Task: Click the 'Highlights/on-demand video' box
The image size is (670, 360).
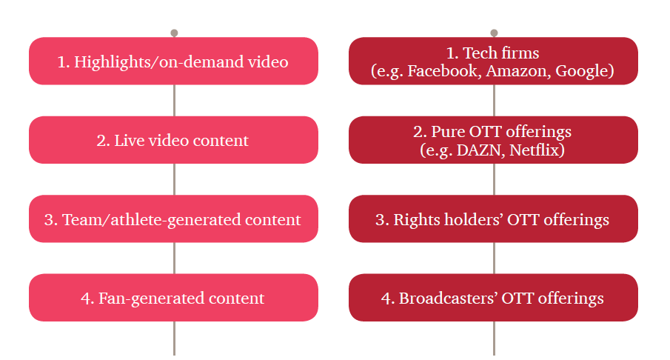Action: pyautogui.click(x=173, y=61)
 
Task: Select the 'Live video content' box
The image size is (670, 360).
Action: pyautogui.click(x=173, y=140)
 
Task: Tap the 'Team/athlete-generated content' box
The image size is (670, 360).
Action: pyautogui.click(x=173, y=219)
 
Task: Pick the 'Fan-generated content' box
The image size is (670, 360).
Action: pyautogui.click(x=173, y=298)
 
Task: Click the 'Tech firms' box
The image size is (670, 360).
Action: pyautogui.click(x=493, y=61)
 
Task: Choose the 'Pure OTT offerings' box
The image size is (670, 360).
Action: pyautogui.click(x=493, y=140)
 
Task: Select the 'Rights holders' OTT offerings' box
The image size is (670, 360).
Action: pyautogui.click(x=493, y=219)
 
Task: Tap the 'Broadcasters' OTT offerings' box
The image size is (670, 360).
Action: pyautogui.click(x=493, y=298)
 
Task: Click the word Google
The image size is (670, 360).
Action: pyautogui.click(x=582, y=71)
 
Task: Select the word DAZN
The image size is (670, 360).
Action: pyautogui.click(x=480, y=150)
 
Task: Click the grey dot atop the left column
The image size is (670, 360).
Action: pyautogui.click(x=174, y=33)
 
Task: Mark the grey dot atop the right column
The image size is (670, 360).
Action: pyautogui.click(x=494, y=33)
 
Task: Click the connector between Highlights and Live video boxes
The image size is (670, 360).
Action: pyautogui.click(x=174, y=101)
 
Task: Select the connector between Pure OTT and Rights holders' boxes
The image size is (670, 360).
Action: pyautogui.click(x=494, y=179)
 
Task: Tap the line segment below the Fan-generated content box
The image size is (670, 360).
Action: pyautogui.click(x=174, y=339)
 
